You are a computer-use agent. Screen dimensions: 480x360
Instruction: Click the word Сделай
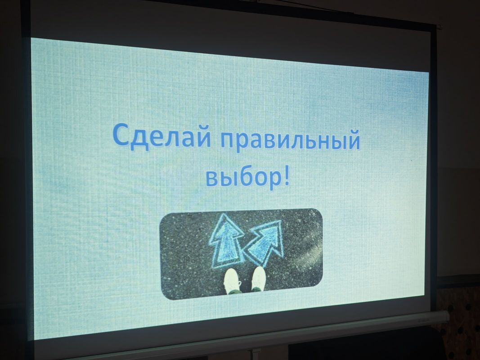pos(162,136)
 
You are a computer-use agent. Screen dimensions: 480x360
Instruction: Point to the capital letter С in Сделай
pos(121,134)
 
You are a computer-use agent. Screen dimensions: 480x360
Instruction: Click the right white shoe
pos(258,279)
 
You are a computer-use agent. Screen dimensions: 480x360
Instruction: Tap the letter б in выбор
pos(244,176)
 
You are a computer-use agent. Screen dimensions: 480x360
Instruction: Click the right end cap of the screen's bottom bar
pos(445,316)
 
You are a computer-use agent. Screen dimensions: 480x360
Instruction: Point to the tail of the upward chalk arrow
pos(225,267)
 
